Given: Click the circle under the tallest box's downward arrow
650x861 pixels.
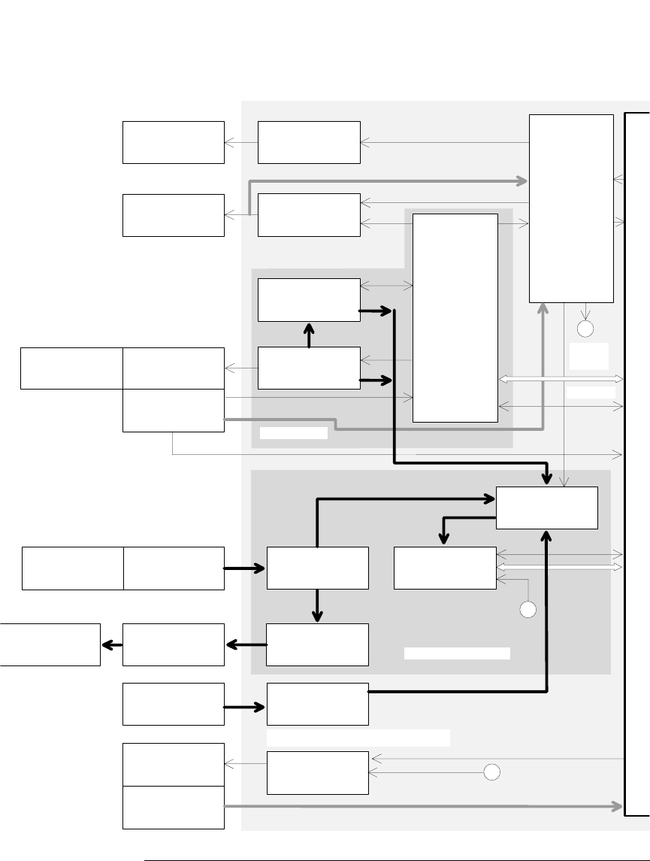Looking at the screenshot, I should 585,329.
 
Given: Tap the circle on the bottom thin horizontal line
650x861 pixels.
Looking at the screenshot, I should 491,772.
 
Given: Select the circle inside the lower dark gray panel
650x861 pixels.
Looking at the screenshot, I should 528,610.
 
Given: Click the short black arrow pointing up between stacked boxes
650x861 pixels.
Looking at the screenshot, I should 309,335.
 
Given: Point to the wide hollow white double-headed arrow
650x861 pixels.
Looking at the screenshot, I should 561,379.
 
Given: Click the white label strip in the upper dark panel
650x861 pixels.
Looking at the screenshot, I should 294,432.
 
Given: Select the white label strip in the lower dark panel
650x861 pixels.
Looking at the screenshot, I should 457,653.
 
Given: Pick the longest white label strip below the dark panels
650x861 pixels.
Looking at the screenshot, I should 358,738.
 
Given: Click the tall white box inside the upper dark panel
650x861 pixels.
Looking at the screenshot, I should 455,318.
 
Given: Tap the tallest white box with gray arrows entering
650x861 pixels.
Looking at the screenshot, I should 571,208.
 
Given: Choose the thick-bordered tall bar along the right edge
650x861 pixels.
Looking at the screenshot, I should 637,464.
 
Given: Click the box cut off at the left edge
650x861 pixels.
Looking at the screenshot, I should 50,644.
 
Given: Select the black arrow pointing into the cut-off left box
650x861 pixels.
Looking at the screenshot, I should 111,644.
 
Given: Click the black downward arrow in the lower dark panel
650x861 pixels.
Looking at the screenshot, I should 318,606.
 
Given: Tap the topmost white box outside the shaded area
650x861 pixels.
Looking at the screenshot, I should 174,142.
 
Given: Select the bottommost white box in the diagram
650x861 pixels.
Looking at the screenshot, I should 174,808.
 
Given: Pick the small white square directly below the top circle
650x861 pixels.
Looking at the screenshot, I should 589,356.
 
